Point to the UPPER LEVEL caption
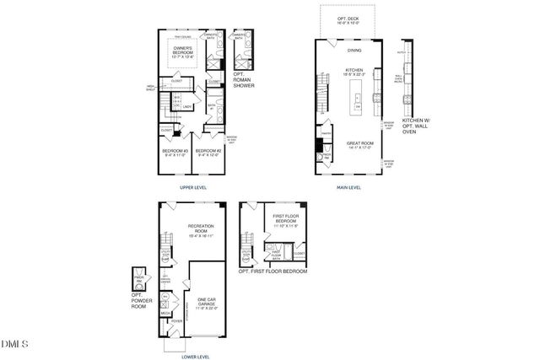click(x=193, y=187)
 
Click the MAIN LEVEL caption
click(x=349, y=187)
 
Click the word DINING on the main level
click(x=354, y=51)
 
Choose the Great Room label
click(x=360, y=145)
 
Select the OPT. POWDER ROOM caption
click(x=139, y=299)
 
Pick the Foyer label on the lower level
click(x=177, y=321)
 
